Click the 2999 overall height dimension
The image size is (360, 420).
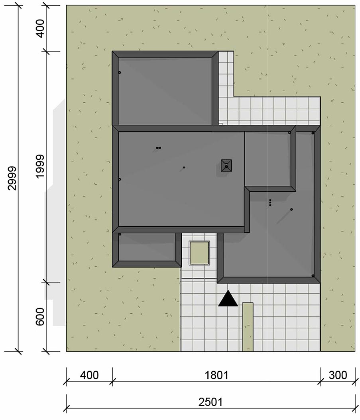[12, 179]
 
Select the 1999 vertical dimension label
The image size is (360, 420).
[40, 166]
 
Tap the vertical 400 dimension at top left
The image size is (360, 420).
[40, 28]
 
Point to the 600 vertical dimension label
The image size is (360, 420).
[40, 317]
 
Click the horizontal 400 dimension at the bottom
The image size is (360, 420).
[89, 375]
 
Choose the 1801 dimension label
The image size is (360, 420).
[216, 375]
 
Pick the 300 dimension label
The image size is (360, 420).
[338, 375]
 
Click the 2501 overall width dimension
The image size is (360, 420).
[210, 402]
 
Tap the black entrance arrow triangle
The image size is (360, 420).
[228, 298]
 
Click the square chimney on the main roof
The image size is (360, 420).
[226, 166]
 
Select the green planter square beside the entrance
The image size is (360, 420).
[199, 253]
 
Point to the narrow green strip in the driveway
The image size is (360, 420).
[248, 327]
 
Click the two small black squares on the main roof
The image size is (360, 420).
[158, 147]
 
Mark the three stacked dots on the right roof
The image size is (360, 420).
[270, 202]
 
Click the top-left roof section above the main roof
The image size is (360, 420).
[165, 88]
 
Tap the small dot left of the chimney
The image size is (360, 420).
[184, 168]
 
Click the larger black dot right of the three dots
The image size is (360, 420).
[291, 210]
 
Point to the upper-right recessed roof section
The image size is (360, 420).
[270, 159]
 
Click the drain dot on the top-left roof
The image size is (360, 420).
[120, 73]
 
